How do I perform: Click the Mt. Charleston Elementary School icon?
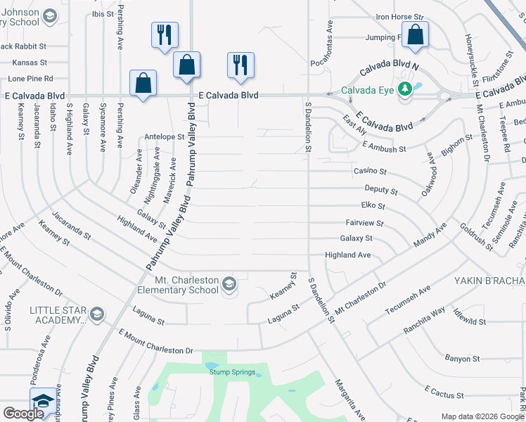pyautogui.click(x=228, y=284)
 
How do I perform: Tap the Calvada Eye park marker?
pyautogui.click(x=404, y=89)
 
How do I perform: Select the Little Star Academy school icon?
pyautogui.click(x=97, y=314)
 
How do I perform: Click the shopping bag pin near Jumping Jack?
pyautogui.click(x=416, y=35)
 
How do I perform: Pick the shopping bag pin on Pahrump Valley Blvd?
pyautogui.click(x=187, y=65)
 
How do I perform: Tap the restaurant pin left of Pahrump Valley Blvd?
pyautogui.click(x=165, y=35)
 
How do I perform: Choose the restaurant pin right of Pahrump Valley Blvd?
pyautogui.click(x=240, y=65)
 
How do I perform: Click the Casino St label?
pyautogui.click(x=373, y=172)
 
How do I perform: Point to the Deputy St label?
pyautogui.click(x=381, y=191)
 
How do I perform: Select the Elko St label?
pyautogui.click(x=372, y=207)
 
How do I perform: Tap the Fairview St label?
pyautogui.click(x=370, y=224)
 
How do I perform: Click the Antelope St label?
pyautogui.click(x=163, y=137)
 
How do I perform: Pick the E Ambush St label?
pyautogui.click(x=385, y=148)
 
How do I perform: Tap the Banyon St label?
pyautogui.click(x=462, y=359)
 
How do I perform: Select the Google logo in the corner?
pyautogui.click(x=23, y=414)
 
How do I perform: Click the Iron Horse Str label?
pyautogui.click(x=400, y=16)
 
